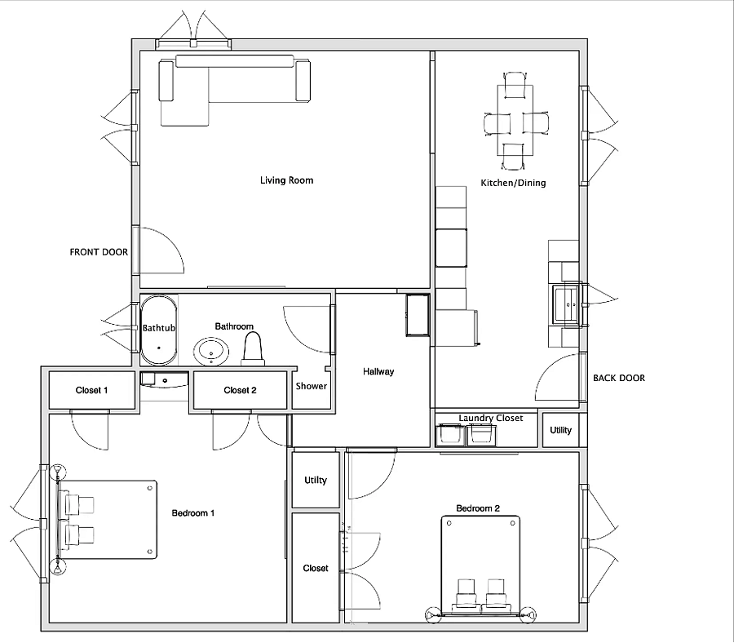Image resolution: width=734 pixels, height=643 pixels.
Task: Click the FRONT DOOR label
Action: (x=99, y=252)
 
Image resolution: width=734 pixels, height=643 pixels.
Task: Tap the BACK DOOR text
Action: (x=619, y=378)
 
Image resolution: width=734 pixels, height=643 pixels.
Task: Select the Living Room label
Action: (x=286, y=180)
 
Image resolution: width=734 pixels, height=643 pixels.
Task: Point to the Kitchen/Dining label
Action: (x=513, y=183)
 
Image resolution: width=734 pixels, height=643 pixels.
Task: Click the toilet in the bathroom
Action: (x=253, y=349)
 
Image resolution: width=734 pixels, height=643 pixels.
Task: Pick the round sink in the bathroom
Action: (x=211, y=352)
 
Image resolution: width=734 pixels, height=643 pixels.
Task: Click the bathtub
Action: (x=159, y=330)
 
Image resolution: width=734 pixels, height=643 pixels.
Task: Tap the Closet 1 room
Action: (x=91, y=390)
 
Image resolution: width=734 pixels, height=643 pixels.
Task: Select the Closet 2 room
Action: (x=240, y=390)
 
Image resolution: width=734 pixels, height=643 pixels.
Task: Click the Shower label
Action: (x=312, y=386)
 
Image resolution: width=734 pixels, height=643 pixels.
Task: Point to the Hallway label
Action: (x=378, y=371)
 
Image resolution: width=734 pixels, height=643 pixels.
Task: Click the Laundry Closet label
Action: (x=491, y=418)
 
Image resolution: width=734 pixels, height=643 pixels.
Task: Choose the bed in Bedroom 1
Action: (x=107, y=519)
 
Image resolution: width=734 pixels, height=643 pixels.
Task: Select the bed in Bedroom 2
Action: (x=480, y=565)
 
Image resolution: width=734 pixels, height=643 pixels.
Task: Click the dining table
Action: (x=515, y=120)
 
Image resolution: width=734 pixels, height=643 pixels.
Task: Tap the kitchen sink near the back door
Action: (x=566, y=304)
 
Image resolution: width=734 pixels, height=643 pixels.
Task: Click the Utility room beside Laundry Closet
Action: (x=561, y=430)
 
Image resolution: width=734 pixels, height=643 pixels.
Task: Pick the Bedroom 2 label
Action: (x=478, y=508)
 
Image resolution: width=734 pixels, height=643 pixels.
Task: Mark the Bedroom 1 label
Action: (x=192, y=512)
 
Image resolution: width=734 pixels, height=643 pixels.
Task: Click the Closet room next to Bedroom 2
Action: (x=316, y=568)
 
